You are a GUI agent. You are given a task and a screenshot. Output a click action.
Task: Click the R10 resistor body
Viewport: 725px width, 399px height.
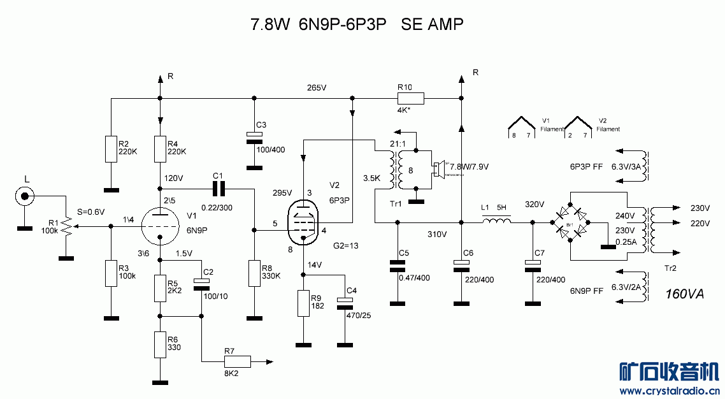point(411,99)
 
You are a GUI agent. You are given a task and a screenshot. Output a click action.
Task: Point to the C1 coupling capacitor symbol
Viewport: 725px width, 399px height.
point(219,189)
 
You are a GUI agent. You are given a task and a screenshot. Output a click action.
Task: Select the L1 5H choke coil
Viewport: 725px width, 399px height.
point(496,222)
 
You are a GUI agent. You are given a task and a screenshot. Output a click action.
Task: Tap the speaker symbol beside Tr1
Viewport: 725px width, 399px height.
point(438,170)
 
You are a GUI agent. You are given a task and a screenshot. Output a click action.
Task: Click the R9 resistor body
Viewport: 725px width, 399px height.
point(304,303)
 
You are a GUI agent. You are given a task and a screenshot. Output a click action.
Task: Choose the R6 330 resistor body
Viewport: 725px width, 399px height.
point(159,345)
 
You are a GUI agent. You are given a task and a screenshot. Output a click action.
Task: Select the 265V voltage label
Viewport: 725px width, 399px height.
point(316,87)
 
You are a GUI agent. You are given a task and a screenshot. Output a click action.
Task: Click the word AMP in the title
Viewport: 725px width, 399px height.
point(445,25)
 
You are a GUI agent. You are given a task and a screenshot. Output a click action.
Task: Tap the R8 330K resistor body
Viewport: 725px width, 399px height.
point(254,273)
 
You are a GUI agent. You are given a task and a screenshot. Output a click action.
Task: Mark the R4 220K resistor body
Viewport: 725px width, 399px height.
point(159,149)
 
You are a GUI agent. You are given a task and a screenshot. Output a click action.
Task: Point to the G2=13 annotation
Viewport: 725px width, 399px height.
point(347,245)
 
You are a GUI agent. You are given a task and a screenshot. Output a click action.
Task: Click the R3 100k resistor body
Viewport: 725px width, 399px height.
point(111,273)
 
